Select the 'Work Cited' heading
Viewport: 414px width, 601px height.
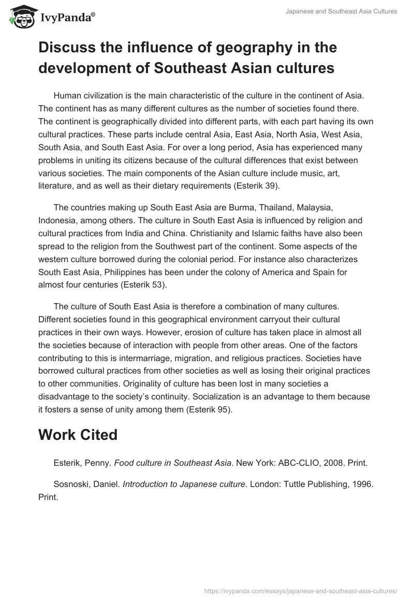78,435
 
